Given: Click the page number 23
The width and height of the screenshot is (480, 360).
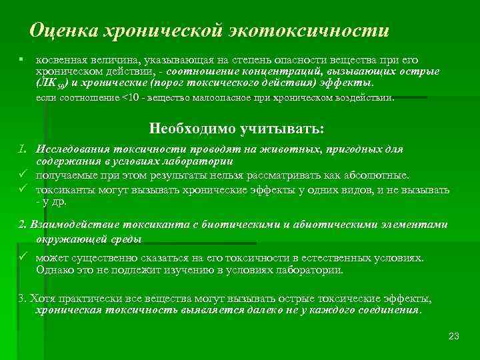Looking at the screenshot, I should point(454,335).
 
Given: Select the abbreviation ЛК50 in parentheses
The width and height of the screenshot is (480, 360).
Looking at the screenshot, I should point(50,83).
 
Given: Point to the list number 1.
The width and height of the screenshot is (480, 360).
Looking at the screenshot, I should point(23,149).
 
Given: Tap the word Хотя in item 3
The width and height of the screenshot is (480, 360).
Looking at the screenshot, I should point(42,298).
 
